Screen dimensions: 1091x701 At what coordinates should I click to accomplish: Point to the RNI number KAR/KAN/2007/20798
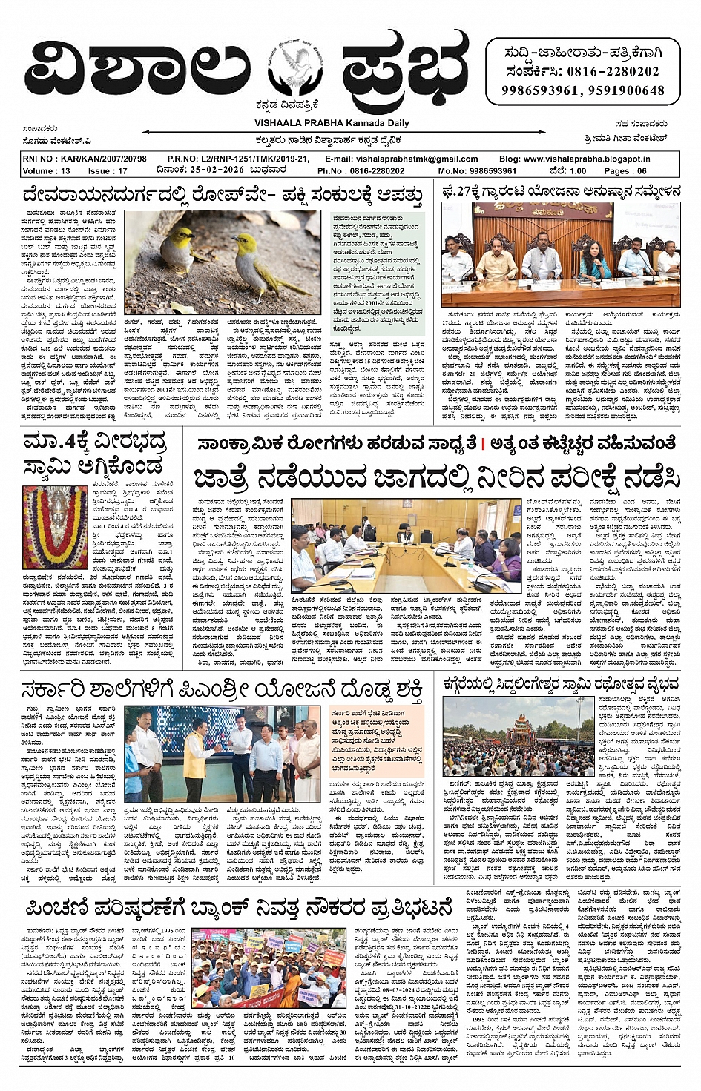(x=85, y=159)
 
